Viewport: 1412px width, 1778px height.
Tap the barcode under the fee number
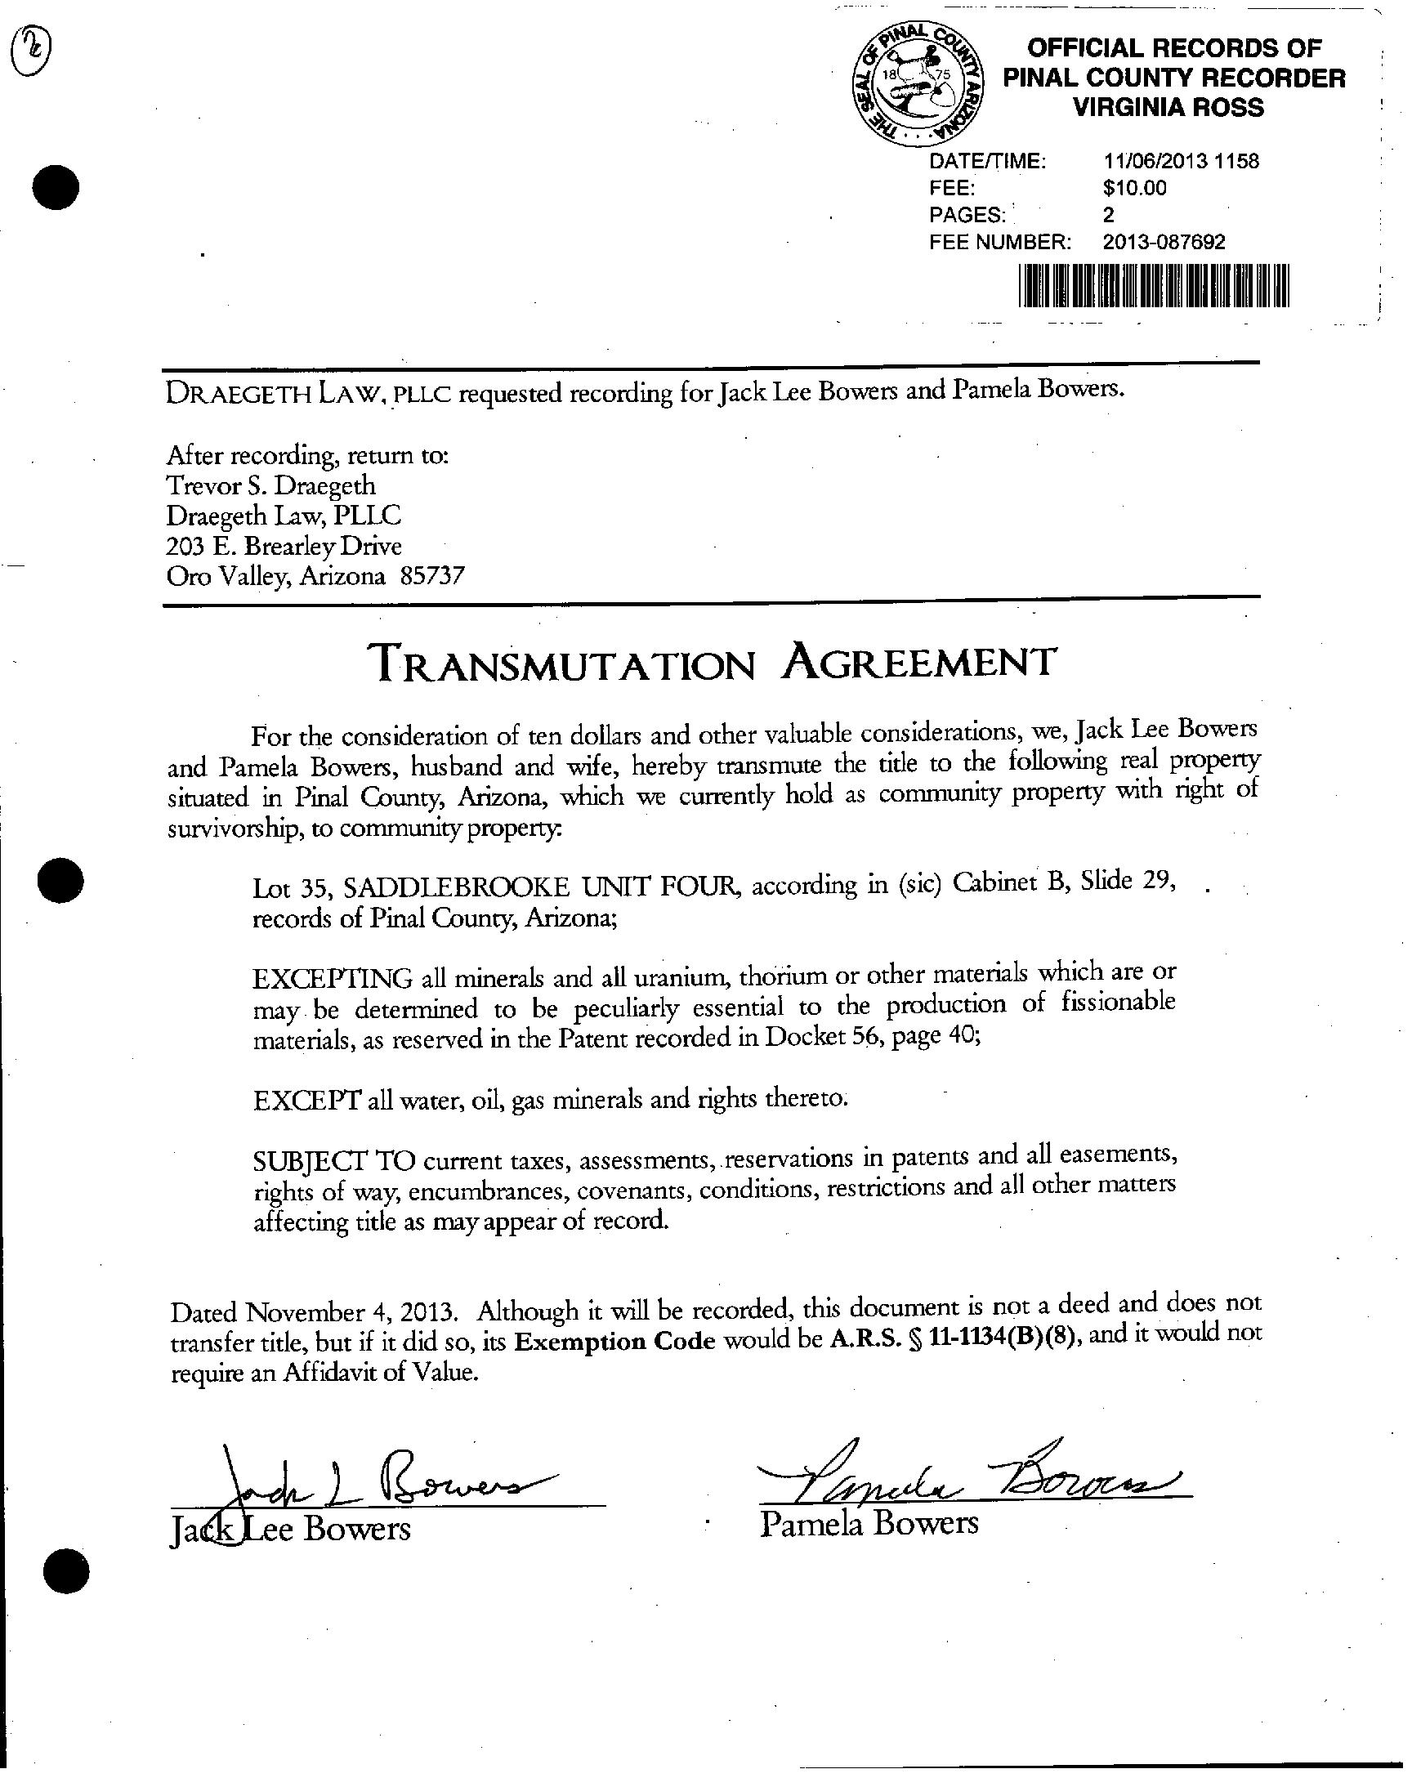click(1153, 286)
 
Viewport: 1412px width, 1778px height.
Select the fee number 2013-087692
click(1164, 242)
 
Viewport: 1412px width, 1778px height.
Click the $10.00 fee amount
click(1134, 188)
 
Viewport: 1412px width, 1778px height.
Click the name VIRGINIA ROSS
click(1168, 107)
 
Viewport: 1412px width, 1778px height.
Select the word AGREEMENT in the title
click(918, 661)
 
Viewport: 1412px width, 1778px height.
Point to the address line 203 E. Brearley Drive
click(284, 545)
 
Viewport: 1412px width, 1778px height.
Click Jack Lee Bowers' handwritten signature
click(371, 1490)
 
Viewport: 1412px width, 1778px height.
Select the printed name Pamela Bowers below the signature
click(869, 1523)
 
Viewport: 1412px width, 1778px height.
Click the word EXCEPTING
click(333, 979)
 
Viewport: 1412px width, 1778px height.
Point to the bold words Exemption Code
click(614, 1342)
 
